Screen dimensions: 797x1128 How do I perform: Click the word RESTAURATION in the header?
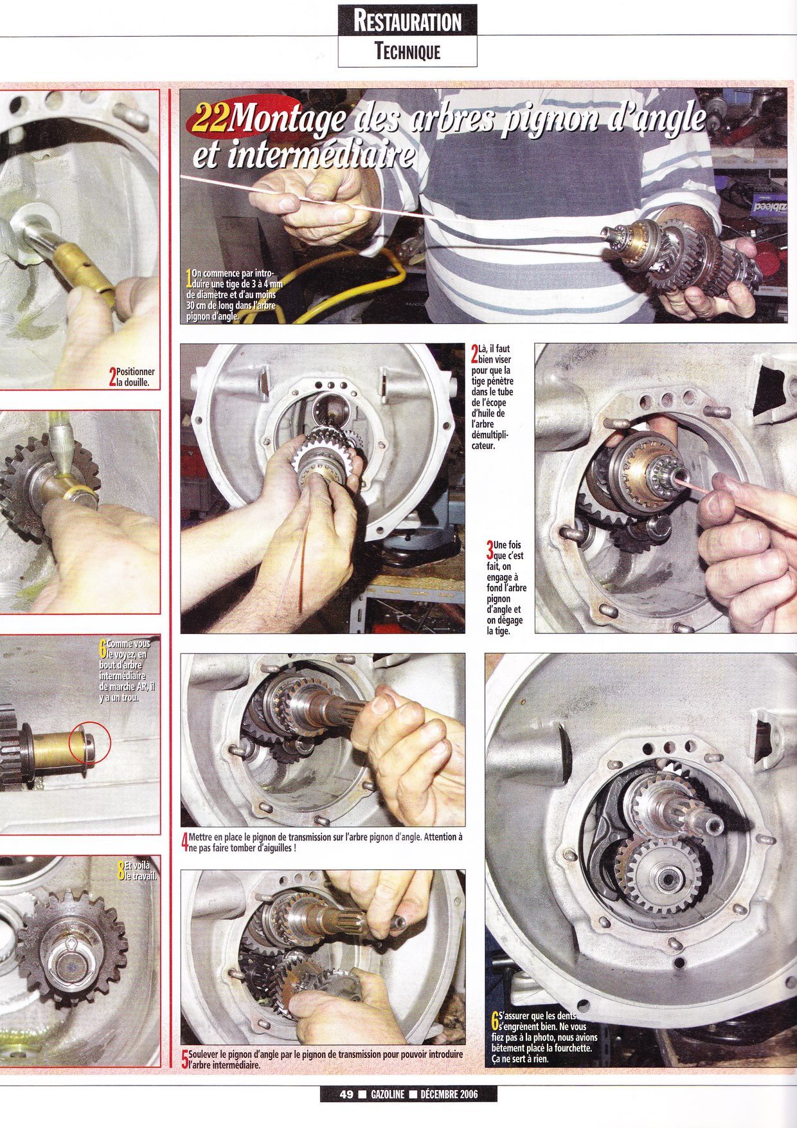[407, 21]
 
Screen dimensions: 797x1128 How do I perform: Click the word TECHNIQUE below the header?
[407, 51]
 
